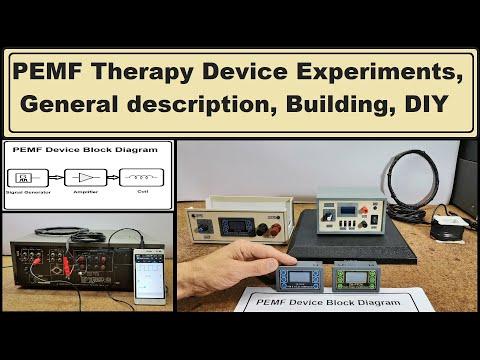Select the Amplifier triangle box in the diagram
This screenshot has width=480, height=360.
coord(83,176)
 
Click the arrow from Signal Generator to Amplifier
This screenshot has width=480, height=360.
coord(56,176)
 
